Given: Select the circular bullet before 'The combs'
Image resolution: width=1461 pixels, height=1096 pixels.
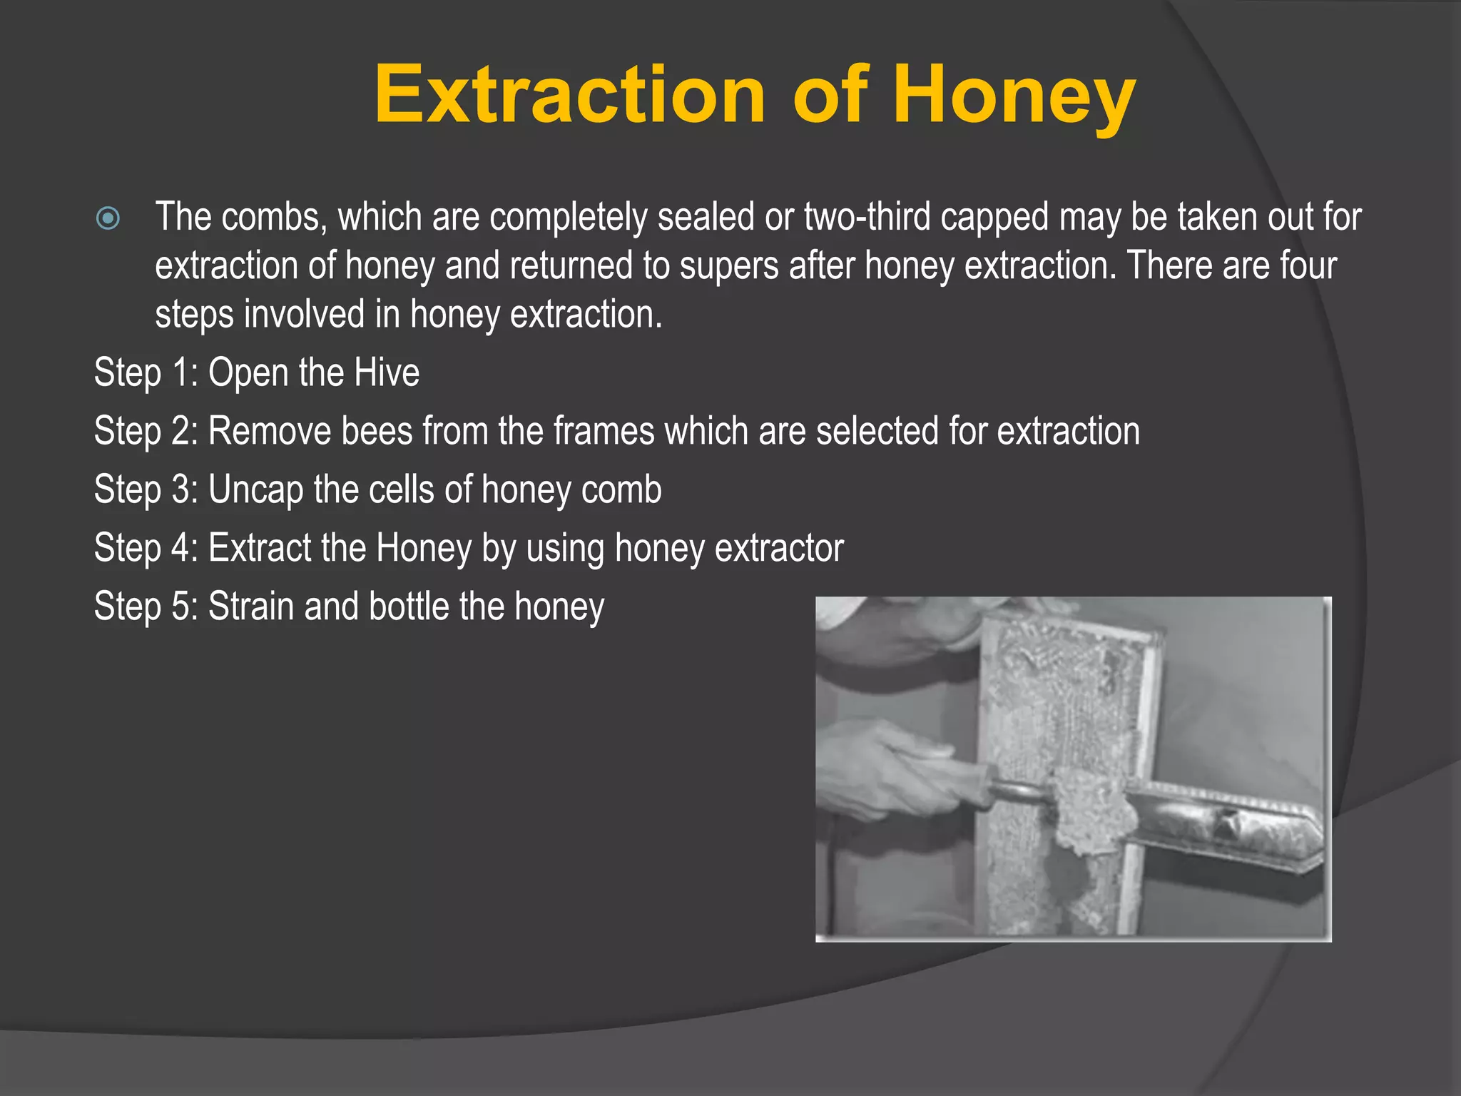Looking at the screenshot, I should pos(108,218).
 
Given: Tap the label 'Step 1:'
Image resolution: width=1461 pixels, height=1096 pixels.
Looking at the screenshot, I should pos(146,373).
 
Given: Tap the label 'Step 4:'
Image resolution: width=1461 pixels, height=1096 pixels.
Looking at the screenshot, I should pos(146,549).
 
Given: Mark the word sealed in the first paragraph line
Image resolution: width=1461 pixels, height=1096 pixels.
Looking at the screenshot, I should pos(706,217).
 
